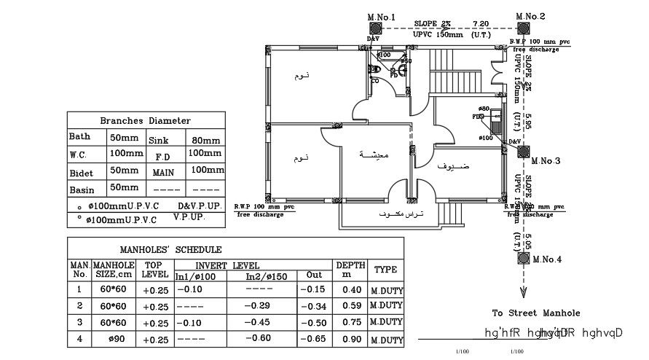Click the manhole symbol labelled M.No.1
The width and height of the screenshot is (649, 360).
[376, 28]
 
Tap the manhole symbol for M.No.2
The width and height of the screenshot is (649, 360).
[523, 28]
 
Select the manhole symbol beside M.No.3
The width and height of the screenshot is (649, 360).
[523, 152]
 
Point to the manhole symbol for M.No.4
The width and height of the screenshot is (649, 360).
[523, 257]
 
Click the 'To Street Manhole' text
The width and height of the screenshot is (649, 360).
[535, 313]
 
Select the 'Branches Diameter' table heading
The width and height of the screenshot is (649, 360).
[145, 120]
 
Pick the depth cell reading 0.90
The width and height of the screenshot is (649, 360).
[351, 338]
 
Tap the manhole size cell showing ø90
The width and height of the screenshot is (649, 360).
[114, 338]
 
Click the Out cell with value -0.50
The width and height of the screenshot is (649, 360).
[314, 322]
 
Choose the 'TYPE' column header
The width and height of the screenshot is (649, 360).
[385, 270]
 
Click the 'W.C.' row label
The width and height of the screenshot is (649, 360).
[79, 154]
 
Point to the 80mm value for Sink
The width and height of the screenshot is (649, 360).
[205, 140]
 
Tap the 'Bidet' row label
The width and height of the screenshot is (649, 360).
[81, 172]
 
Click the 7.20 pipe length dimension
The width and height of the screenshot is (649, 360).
[480, 23]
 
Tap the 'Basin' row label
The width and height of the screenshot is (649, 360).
[81, 189]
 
